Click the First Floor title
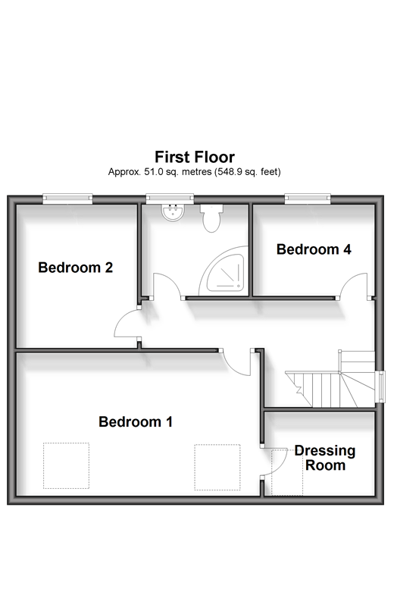(195, 157)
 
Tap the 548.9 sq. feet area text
(248, 172)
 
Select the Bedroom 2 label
(76, 268)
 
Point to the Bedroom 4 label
(314, 249)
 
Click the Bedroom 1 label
(136, 421)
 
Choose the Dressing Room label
(325, 458)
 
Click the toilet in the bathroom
(211, 218)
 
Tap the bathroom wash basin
(174, 212)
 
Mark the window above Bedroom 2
(67, 199)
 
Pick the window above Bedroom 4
(308, 199)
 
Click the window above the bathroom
(170, 199)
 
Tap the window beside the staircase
(380, 387)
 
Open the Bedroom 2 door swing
(127, 323)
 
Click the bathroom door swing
(167, 285)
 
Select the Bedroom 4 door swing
(354, 286)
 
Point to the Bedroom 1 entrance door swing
(236, 362)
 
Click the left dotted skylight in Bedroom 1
(66, 465)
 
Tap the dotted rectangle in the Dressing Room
(287, 472)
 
